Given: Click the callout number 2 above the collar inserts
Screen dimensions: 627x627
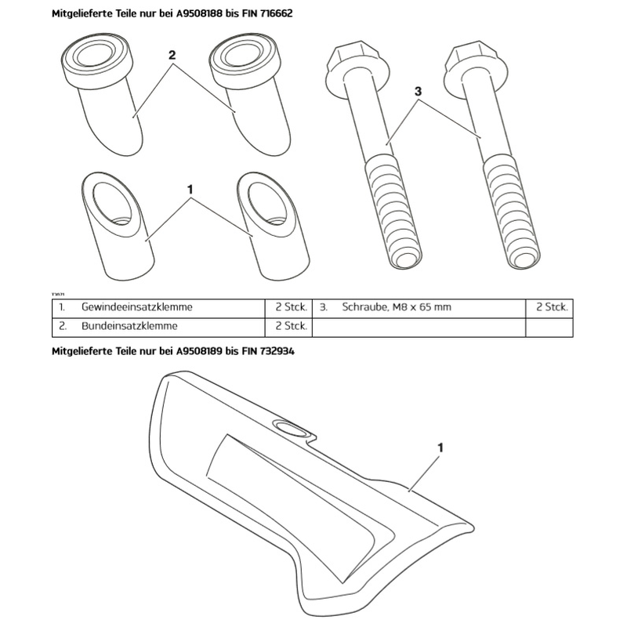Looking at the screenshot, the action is pyautogui.click(x=172, y=55).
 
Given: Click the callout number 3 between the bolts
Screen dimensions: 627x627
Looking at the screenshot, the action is pyautogui.click(x=418, y=92).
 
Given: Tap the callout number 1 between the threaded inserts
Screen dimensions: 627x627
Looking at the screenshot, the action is pyautogui.click(x=190, y=189).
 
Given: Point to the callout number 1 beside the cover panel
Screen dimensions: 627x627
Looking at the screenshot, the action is pyautogui.click(x=440, y=448).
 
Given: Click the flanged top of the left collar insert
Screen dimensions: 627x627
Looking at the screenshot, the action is pyautogui.click(x=96, y=60).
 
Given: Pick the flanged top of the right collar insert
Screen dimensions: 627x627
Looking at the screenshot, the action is pyautogui.click(x=245, y=60).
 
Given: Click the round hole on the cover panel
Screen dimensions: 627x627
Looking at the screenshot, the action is pyautogui.click(x=292, y=429).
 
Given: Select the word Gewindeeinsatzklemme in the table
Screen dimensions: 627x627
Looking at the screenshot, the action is pyautogui.click(x=136, y=306).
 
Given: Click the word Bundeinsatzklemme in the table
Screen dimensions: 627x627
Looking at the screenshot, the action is pyautogui.click(x=129, y=326).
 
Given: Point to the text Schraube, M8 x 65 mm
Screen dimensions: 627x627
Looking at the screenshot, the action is pyautogui.click(x=397, y=306).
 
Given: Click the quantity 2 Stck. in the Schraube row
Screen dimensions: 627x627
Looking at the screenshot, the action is pyautogui.click(x=552, y=306).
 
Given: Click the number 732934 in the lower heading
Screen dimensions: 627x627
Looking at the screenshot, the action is pyautogui.click(x=277, y=351).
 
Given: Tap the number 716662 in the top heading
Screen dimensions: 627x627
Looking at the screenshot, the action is pyautogui.click(x=276, y=13).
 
